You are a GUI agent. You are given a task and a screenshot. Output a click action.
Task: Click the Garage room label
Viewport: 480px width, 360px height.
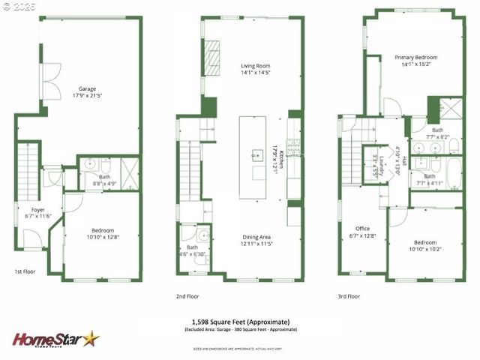coord(87,91)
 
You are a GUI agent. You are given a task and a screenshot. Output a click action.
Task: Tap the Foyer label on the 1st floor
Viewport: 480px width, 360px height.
coord(38,212)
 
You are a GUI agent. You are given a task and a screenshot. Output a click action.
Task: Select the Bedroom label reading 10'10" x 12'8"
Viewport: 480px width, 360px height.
coord(103,233)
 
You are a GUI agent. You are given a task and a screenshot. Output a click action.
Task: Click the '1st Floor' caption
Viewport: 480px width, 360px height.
coord(25,271)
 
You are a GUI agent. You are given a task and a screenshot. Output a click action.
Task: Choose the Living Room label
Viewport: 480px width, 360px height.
coord(255,68)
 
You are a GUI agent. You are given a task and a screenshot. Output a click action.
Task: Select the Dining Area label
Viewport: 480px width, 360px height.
coord(255,239)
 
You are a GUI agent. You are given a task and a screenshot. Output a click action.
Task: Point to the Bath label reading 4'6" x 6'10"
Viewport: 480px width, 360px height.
coord(192,250)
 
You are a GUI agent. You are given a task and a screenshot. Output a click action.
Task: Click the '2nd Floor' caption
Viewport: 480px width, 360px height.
coord(188,296)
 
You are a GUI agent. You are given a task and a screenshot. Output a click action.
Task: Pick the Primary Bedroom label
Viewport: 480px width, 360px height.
coord(415,61)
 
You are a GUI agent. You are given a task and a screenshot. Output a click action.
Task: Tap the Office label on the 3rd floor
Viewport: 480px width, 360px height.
coord(363,232)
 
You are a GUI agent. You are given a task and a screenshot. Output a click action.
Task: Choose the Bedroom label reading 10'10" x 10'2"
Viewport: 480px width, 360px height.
coord(425,245)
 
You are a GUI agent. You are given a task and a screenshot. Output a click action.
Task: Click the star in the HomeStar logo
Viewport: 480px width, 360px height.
coord(90,340)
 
